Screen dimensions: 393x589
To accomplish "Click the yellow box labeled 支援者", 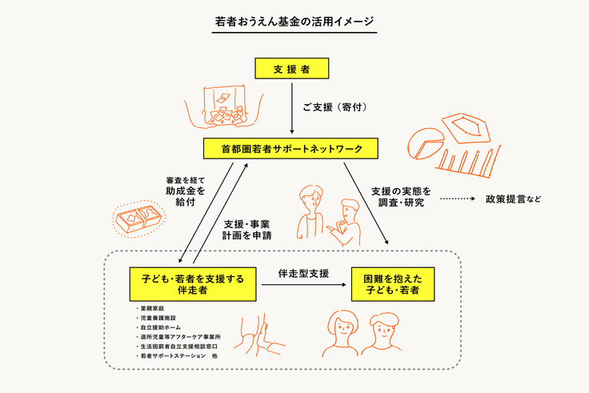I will pos(293,69).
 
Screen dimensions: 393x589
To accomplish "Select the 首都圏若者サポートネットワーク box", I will pos(293,149).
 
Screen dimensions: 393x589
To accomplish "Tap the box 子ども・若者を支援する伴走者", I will pos(193,284).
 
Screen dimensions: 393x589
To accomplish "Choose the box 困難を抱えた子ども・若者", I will pos(392,284).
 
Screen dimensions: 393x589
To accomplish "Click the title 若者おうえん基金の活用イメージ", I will pos(294,22).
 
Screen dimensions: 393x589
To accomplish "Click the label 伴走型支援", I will pos(303,273).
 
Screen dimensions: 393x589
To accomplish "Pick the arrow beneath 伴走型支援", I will pos(303,284).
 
